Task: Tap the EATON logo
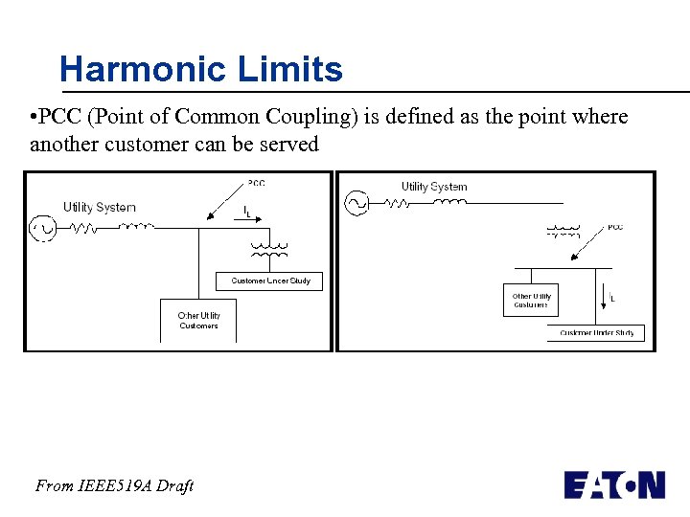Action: [x=614, y=484]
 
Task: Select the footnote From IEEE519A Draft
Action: [x=114, y=486]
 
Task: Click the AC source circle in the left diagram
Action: [x=43, y=228]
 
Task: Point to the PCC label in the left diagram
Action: [x=256, y=183]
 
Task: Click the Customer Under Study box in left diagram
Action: [x=270, y=281]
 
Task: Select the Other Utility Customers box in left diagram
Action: [x=198, y=321]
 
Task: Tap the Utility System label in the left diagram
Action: [x=100, y=207]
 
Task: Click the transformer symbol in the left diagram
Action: [x=268, y=251]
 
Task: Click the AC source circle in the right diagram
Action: [x=356, y=203]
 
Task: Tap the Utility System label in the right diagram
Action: [x=434, y=187]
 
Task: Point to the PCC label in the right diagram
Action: [x=615, y=227]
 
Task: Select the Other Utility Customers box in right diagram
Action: [x=531, y=300]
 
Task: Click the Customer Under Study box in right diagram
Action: [x=597, y=333]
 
